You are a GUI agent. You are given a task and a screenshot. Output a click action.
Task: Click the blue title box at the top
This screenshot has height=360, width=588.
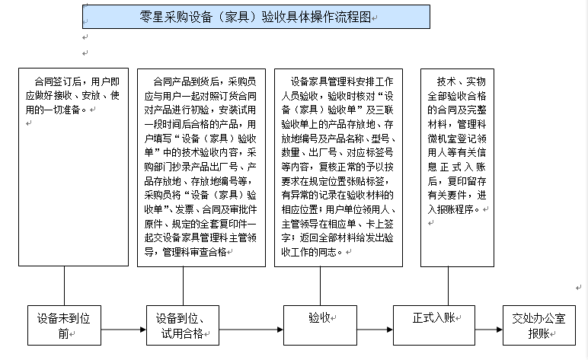click(x=256, y=17)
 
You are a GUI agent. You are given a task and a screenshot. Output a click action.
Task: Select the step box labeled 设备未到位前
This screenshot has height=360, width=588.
click(x=64, y=325)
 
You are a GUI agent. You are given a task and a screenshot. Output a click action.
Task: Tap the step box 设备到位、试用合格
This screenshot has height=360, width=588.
click(x=183, y=325)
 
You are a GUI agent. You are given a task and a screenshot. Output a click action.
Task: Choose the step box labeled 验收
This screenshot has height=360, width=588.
click(x=320, y=325)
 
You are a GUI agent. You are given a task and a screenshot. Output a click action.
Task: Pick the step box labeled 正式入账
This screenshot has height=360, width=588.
click(x=434, y=325)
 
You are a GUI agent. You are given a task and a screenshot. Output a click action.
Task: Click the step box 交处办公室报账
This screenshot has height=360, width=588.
click(x=539, y=325)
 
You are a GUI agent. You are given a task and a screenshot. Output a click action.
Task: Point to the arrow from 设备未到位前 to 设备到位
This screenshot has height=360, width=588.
click(x=123, y=330)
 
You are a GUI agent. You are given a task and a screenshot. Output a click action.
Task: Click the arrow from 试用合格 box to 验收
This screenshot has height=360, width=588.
click(x=251, y=330)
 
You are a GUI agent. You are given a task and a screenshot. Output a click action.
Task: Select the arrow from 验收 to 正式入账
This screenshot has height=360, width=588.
click(x=375, y=330)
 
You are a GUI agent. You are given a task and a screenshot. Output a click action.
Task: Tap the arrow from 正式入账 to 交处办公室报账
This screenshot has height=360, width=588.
click(x=489, y=330)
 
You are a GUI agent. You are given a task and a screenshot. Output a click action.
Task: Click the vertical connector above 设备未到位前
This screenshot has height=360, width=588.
click(x=64, y=286)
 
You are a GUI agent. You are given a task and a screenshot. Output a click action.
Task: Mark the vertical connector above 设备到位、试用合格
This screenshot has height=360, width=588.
click(x=183, y=286)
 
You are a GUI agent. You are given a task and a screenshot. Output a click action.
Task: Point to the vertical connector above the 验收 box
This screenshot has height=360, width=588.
click(x=320, y=286)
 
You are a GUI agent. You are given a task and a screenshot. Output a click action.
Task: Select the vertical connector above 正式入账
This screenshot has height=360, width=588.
click(x=448, y=286)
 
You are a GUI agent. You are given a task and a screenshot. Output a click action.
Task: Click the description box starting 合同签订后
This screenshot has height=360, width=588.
click(x=73, y=167)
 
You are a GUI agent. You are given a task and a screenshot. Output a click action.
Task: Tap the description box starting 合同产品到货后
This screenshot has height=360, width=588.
click(x=201, y=168)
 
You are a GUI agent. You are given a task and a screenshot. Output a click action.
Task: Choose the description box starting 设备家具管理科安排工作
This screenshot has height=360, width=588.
click(x=339, y=168)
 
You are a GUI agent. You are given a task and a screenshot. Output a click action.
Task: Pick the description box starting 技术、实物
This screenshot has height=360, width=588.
click(x=457, y=168)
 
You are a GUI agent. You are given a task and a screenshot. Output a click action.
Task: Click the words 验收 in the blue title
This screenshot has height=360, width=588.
click(x=273, y=17)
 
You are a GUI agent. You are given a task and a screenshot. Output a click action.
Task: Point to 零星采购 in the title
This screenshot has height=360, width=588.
click(x=163, y=17)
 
